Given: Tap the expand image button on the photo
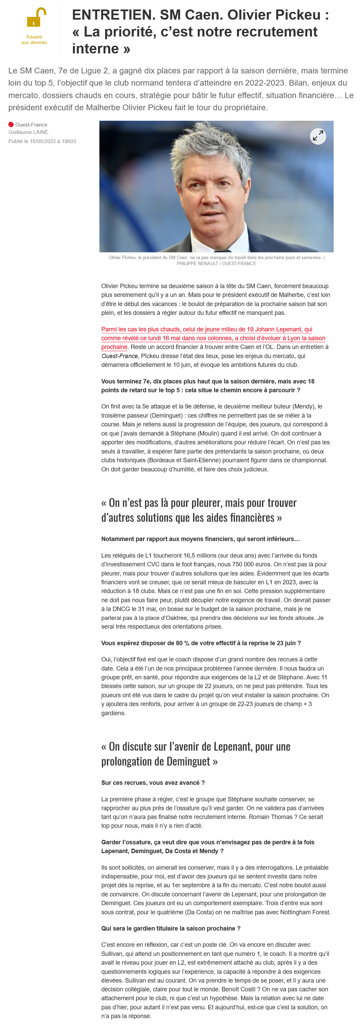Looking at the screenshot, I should click(318, 137).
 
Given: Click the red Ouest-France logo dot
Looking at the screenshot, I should click(11, 124).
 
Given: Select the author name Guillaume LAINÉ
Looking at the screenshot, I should click(28, 132).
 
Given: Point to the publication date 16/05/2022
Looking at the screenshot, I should click(43, 141).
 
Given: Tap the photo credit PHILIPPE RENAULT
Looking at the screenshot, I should click(198, 263).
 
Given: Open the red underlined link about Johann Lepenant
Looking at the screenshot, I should click(213, 338).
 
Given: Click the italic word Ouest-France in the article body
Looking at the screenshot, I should click(119, 356).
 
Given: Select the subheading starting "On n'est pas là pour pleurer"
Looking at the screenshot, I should click(199, 510).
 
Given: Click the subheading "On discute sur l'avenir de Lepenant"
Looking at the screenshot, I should click(196, 754).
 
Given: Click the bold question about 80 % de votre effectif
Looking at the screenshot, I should click(201, 643).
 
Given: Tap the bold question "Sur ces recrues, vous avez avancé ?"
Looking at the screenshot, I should click(153, 783).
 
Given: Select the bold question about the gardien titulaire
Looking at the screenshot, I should click(170, 928).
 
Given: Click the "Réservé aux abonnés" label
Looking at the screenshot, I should click(34, 40).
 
